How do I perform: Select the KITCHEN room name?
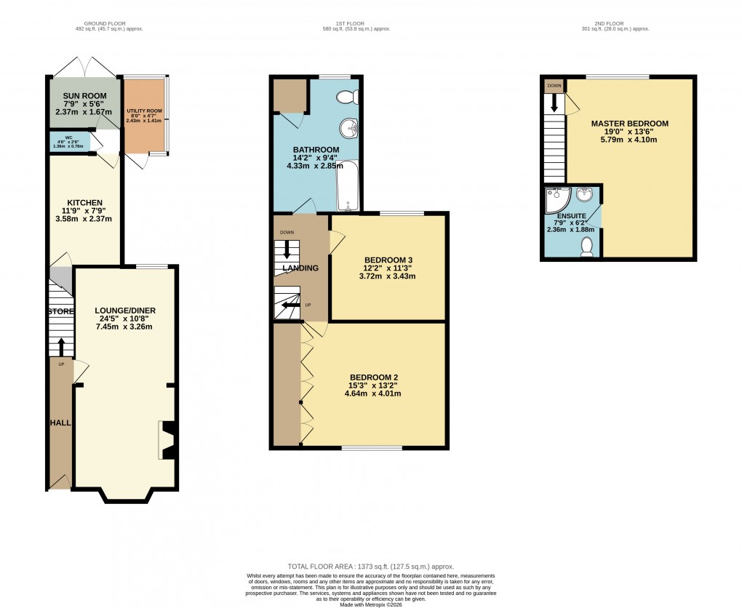point(84,203)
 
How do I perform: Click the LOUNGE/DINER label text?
point(125,311)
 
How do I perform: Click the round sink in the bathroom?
point(351,129)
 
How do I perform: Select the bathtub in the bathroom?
point(348,186)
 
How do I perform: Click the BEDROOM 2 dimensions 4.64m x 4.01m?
point(372,393)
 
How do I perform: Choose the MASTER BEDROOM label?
point(629,124)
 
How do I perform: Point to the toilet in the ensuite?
point(587,249)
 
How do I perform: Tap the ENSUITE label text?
point(570,216)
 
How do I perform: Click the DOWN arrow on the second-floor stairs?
point(554,103)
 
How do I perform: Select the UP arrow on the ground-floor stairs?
point(60,346)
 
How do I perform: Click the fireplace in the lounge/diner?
point(167,441)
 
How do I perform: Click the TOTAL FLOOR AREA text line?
point(371,566)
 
